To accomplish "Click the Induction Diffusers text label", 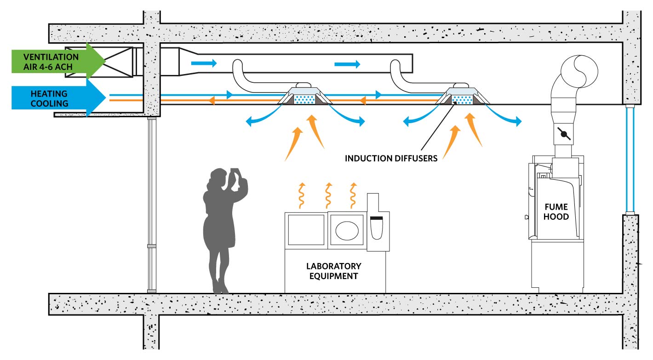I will (391, 159).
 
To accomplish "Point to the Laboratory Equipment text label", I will (333, 271).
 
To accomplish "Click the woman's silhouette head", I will (216, 176).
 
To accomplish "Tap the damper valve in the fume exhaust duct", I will (564, 134).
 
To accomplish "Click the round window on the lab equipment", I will (348, 230).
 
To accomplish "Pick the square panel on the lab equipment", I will (306, 229).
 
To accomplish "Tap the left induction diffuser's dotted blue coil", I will (304, 99).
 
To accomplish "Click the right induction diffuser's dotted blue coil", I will (463, 99).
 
